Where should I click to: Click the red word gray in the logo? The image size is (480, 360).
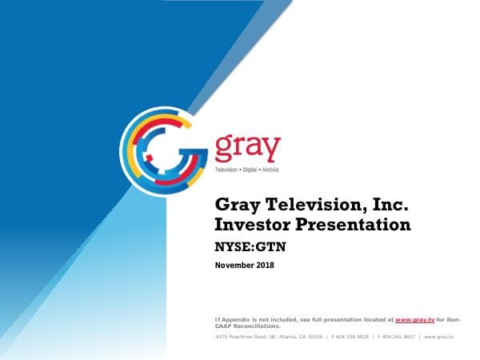pyautogui.click(x=248, y=149)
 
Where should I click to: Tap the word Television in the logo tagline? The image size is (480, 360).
pyautogui.click(x=229, y=170)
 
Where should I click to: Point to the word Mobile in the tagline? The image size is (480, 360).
pyautogui.click(x=278, y=170)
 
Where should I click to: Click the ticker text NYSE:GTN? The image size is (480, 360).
pyautogui.click(x=250, y=247)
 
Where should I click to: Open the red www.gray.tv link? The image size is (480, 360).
pyautogui.click(x=420, y=320)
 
